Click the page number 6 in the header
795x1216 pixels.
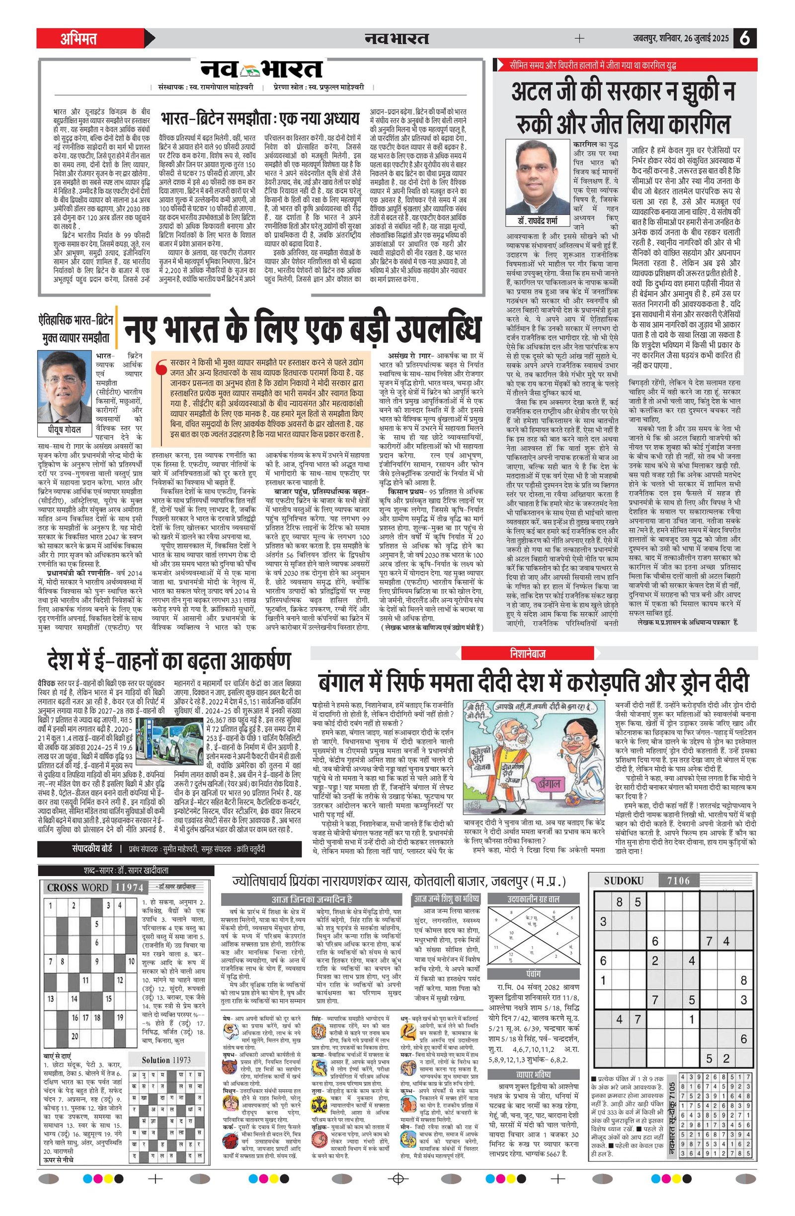(x=745, y=38)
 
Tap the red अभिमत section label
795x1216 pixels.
(x=79, y=39)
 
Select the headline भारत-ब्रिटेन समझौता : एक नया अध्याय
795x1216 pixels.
(x=260, y=119)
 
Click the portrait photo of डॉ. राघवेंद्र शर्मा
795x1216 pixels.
(x=538, y=176)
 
